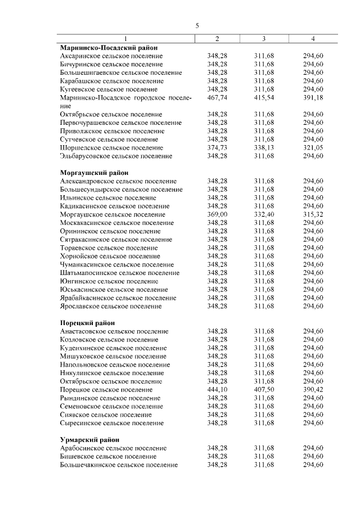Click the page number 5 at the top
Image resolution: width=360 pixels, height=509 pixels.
197,26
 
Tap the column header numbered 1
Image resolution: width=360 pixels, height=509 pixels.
126,39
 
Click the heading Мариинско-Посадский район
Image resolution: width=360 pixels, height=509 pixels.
109,48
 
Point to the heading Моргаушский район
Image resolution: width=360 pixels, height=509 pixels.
94,173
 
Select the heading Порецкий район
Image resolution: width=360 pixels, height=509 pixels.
87,323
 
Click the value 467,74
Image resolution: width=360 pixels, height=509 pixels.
217,98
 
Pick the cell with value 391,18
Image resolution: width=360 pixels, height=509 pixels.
313,98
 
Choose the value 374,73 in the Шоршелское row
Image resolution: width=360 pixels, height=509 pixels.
217,147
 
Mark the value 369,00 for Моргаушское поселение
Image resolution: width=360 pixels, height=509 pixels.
217,214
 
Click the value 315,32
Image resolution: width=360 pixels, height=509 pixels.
313,214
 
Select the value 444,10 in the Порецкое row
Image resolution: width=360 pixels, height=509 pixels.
217,390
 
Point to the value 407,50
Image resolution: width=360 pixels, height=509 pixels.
264,390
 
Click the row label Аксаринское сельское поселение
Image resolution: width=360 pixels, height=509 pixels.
111,56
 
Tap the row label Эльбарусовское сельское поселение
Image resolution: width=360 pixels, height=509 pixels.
116,156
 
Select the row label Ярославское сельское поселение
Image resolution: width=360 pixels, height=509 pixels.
111,306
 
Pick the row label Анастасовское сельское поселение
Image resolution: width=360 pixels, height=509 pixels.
114,331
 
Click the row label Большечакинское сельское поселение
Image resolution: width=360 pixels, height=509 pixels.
119,465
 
